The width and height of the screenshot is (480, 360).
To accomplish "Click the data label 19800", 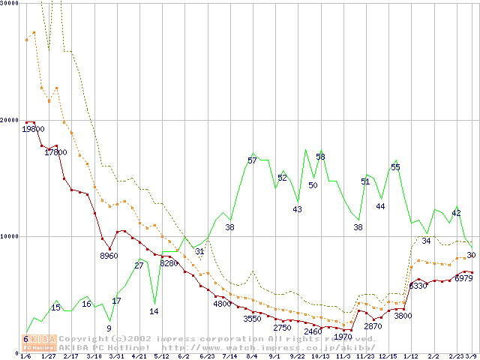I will pos(33,129).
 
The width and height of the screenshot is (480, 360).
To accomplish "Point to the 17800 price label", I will pos(55,152).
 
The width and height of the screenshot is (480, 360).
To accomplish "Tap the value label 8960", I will pos(109,256).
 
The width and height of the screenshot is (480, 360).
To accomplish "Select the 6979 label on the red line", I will pos(463,278).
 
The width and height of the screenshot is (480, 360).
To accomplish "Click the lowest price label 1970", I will pos(343,337).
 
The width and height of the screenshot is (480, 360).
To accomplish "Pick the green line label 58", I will pos(320,157).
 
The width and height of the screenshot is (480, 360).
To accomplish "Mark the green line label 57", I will pos(252,160).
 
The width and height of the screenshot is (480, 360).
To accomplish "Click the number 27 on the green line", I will pos(139,265).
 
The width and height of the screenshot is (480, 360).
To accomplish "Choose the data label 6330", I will pos(418,286).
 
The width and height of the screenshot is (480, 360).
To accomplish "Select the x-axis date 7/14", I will pos(229,356).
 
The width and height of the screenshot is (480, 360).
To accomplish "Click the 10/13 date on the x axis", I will pos(320,356).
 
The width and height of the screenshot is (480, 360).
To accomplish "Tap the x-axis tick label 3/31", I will pos(116,356).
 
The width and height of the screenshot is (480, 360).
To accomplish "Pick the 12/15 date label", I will pos(388,356).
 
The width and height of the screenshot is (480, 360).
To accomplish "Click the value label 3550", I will pos(252,319).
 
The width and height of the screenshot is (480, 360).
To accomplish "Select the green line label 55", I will pos(395,167).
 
